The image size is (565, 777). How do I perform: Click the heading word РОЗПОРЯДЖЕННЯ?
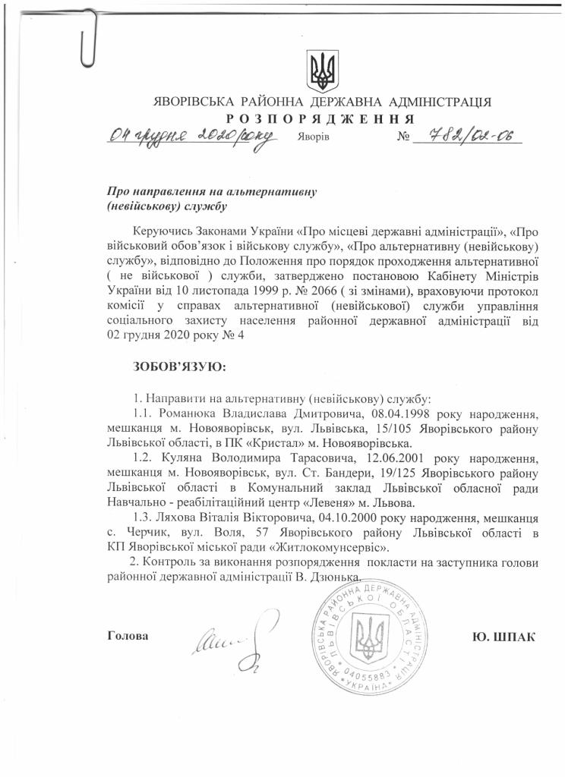click(320, 119)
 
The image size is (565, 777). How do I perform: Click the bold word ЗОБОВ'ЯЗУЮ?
click(179, 367)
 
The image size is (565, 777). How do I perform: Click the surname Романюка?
click(189, 415)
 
